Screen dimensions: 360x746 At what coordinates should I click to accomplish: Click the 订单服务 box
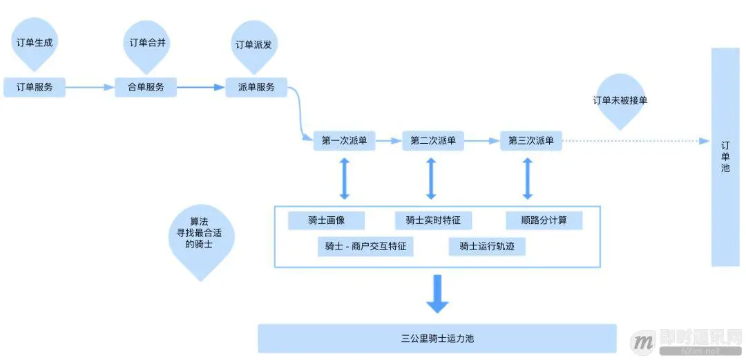point(35,88)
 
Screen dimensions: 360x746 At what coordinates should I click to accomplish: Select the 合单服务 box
point(146,88)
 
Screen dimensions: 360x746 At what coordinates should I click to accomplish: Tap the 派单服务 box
point(256,88)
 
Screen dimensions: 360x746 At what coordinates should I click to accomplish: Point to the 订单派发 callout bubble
point(254,45)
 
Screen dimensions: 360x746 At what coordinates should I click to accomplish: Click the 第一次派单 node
point(344,141)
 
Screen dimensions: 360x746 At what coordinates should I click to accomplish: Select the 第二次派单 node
point(433,141)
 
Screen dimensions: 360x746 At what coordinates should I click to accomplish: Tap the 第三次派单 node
point(530,141)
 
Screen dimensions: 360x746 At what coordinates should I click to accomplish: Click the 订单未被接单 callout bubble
point(620,100)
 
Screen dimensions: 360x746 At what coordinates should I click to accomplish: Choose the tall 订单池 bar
point(725,157)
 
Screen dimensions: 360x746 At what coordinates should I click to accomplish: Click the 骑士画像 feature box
point(327,220)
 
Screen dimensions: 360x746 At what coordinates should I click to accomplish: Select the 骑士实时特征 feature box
point(433,220)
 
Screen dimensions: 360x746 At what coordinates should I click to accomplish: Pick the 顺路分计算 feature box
point(544,220)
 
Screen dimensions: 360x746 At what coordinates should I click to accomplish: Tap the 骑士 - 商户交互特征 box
point(366,247)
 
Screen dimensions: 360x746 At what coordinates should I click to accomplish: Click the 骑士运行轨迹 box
point(487,247)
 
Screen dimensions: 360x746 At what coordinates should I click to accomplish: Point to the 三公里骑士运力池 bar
point(437,339)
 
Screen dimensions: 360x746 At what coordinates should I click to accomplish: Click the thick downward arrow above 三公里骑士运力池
point(437,294)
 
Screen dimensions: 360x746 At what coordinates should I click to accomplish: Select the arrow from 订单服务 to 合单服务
point(90,88)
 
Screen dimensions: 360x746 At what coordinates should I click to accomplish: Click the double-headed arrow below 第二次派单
point(432,178)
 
